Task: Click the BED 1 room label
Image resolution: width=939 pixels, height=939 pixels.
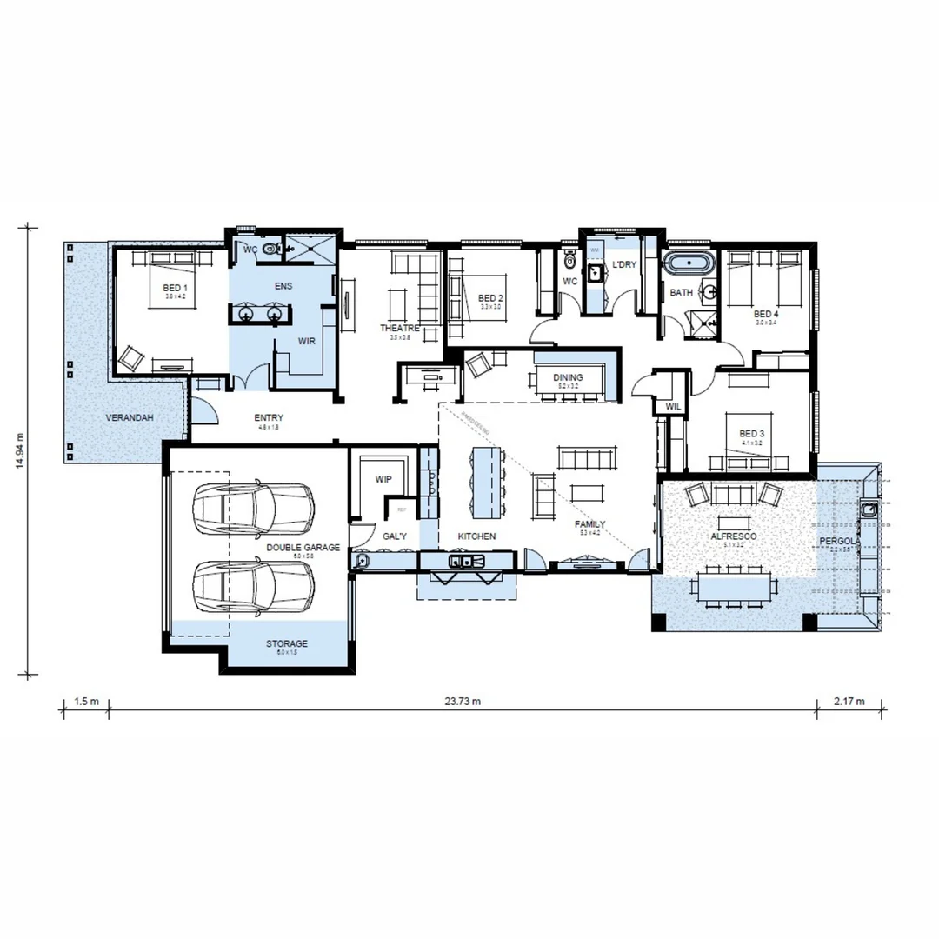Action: coord(174,287)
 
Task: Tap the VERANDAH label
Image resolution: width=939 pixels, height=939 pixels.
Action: coord(130,418)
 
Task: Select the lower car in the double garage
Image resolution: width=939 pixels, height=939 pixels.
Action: coord(253,586)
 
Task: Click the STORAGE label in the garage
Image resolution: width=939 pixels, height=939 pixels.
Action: coord(286,643)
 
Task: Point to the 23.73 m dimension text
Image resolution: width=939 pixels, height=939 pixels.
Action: coord(463,701)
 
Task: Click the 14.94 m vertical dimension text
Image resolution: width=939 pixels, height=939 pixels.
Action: coord(19,450)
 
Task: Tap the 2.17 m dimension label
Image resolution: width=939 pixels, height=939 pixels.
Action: coord(849,701)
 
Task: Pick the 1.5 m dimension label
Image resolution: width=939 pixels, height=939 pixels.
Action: coord(85,701)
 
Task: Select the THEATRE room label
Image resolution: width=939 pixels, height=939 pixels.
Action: coord(399,328)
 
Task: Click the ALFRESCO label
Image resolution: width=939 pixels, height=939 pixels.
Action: coord(733,537)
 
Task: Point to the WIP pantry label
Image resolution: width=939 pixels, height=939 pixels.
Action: coord(383,479)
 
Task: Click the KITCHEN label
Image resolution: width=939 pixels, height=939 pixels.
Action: coord(476,536)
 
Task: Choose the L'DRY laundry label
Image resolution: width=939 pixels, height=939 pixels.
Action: coord(624,263)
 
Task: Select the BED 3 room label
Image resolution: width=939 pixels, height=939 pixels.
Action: coord(751,433)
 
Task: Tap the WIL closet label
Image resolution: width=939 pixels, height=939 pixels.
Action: coord(672,406)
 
